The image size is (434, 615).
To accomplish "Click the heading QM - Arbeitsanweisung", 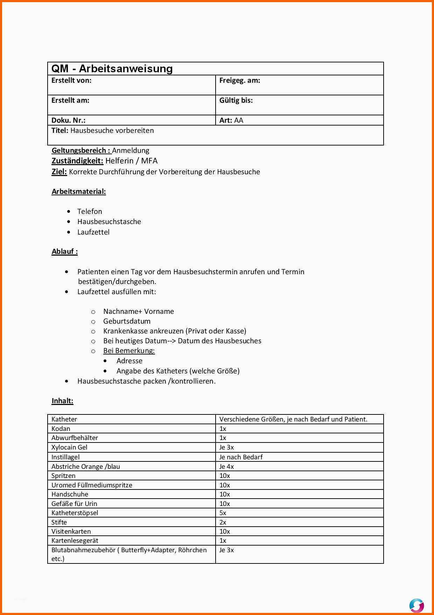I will pos(112,69).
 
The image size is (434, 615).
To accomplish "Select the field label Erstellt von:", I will pos(71,80).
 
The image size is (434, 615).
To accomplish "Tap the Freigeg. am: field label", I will pos(239,80).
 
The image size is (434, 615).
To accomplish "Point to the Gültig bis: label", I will pos(236,100).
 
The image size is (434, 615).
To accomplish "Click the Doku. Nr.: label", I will pos(68,120).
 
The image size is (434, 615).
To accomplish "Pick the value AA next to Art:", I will pos(239,120).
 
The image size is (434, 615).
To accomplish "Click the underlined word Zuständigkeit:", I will pos(77,161).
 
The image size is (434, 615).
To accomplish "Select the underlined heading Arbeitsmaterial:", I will pos(79,191).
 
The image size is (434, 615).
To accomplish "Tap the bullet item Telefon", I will pos(90,211).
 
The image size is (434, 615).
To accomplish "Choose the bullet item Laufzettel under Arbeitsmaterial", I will pos(93,232).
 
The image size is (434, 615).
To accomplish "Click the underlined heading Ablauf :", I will pos(65,251).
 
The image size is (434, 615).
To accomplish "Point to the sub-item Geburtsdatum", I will pos(127,321).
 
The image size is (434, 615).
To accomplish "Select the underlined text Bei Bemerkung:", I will pos(129,351).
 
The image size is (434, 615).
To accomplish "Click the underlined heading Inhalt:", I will pos(62,401).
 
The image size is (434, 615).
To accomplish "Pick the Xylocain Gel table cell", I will pos(69,447).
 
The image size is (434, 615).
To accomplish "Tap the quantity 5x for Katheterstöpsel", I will pos(223,513).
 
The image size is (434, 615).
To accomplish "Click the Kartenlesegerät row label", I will pos(75,541).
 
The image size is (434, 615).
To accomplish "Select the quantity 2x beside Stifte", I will pos(223,522).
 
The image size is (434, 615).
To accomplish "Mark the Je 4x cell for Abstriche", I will pos(226,467).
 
